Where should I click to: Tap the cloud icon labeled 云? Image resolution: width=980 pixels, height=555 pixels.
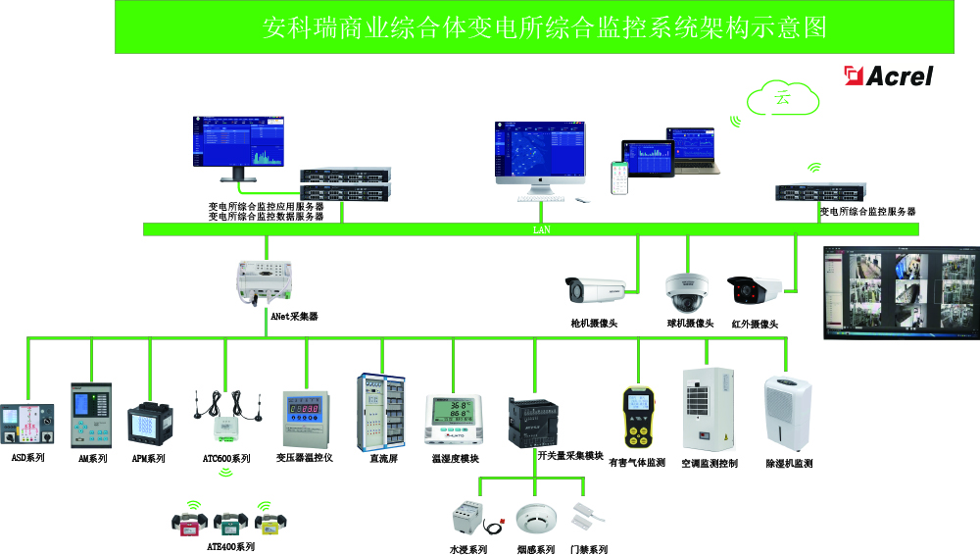[782, 97]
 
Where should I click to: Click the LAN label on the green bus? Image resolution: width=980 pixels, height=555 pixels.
[540, 229]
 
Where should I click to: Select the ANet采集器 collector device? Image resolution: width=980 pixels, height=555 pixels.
[266, 280]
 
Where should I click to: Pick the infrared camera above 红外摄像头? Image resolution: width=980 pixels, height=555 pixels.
[754, 289]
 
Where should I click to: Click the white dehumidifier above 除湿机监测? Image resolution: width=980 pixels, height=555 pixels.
[788, 414]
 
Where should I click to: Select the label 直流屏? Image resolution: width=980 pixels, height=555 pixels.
[382, 458]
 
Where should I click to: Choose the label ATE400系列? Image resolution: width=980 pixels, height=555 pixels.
[230, 547]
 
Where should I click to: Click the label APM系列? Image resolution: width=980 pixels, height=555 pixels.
[149, 458]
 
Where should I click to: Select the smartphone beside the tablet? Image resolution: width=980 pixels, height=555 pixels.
[619, 177]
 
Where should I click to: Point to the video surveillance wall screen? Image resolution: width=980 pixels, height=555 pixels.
[900, 292]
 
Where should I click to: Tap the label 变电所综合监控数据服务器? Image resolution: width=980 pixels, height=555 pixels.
[266, 217]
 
